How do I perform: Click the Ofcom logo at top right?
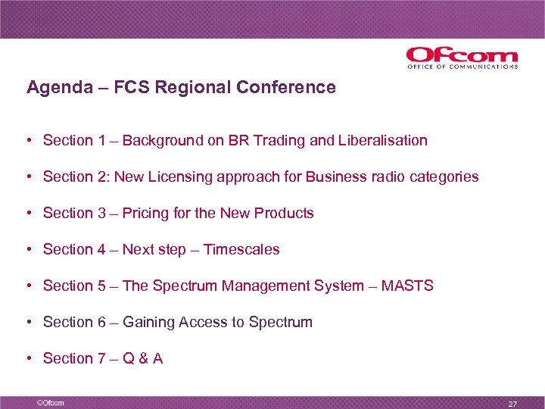pyautogui.click(x=462, y=58)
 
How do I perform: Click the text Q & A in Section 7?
pyautogui.click(x=142, y=358)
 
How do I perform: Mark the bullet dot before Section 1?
pyautogui.click(x=27, y=141)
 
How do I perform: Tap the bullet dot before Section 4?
pyautogui.click(x=27, y=250)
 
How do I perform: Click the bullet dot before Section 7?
pyautogui.click(x=27, y=359)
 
